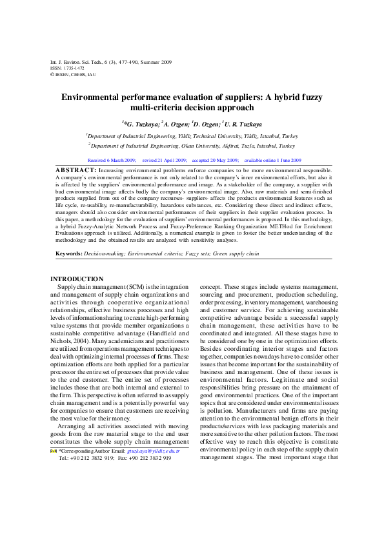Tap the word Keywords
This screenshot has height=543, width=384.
[68, 253]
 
